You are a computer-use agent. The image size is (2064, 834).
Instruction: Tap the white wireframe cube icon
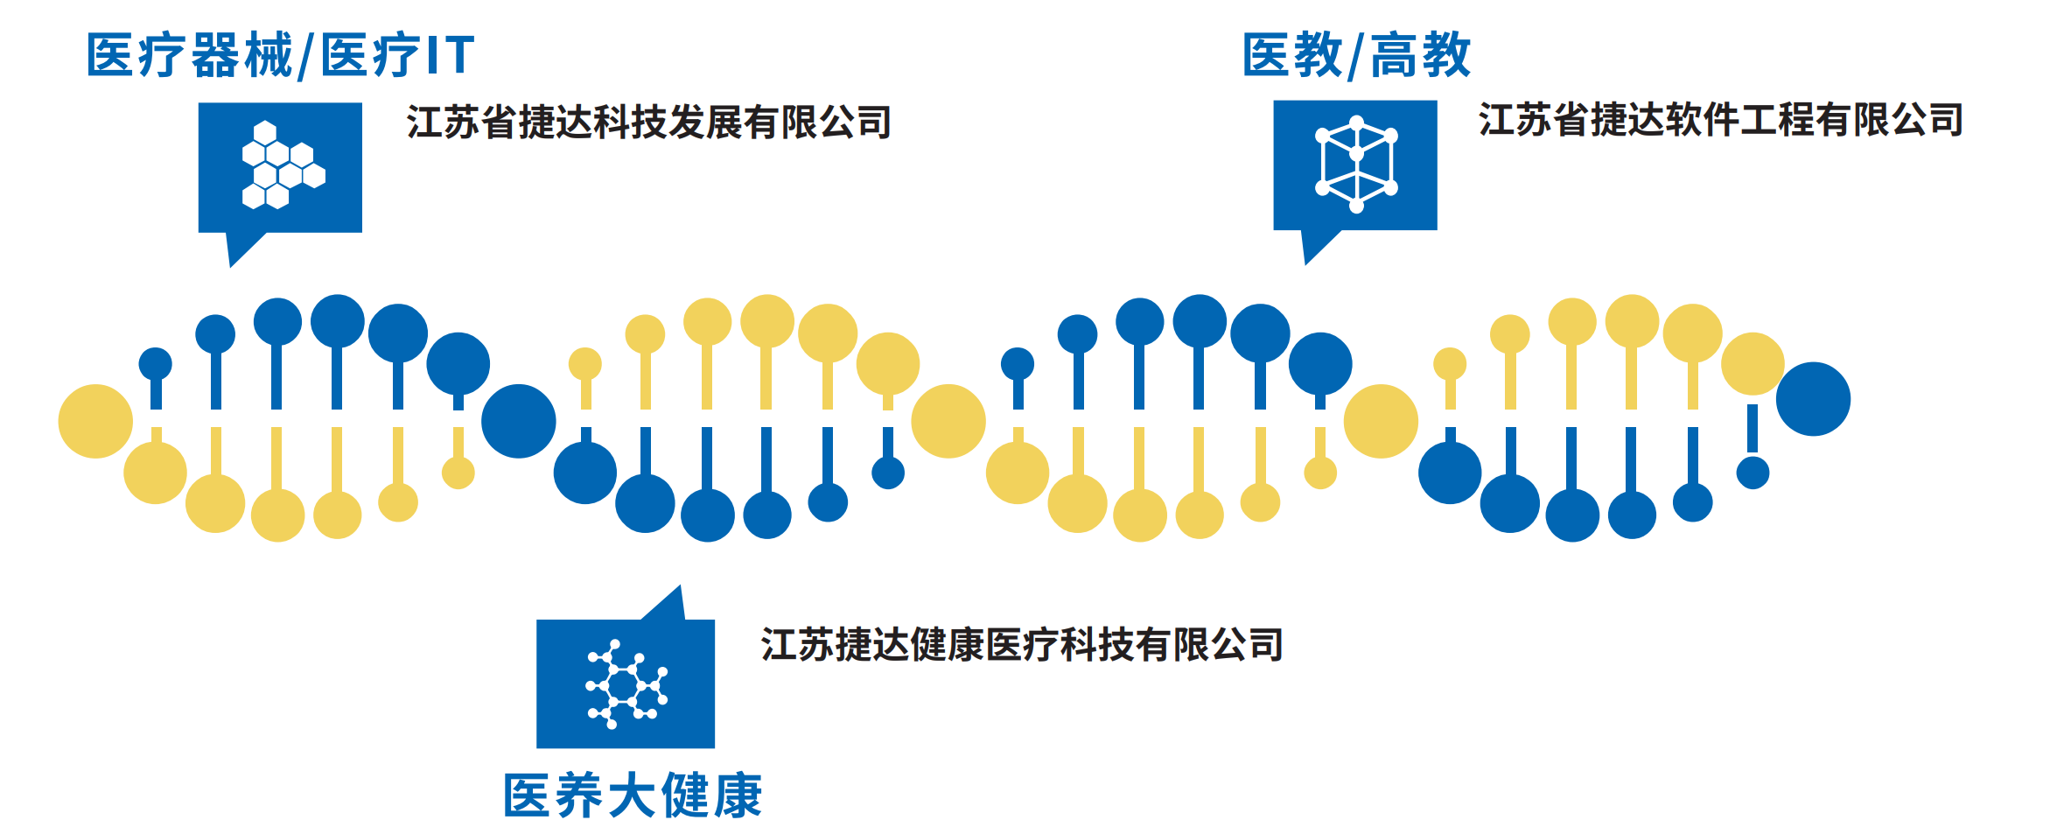(x=1356, y=165)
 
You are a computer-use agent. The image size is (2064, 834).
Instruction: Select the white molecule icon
(x=626, y=684)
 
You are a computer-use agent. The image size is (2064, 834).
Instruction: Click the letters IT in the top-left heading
(x=449, y=55)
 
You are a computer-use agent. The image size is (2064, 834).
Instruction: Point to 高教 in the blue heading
(x=1421, y=55)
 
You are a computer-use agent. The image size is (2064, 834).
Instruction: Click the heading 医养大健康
(x=633, y=795)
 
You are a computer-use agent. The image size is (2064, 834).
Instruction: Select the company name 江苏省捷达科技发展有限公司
(x=648, y=122)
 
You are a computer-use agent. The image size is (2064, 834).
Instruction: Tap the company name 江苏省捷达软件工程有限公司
(x=1721, y=119)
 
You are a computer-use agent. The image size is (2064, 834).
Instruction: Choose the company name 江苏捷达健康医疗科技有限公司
(x=1022, y=645)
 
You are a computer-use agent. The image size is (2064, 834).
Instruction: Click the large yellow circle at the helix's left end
(x=95, y=421)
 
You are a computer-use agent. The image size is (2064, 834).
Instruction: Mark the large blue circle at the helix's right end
(x=1813, y=399)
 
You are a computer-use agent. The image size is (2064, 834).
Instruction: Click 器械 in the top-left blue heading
(x=241, y=55)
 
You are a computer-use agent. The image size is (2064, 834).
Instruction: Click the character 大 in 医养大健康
(x=633, y=795)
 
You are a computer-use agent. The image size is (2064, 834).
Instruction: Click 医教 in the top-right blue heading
(x=1292, y=55)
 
